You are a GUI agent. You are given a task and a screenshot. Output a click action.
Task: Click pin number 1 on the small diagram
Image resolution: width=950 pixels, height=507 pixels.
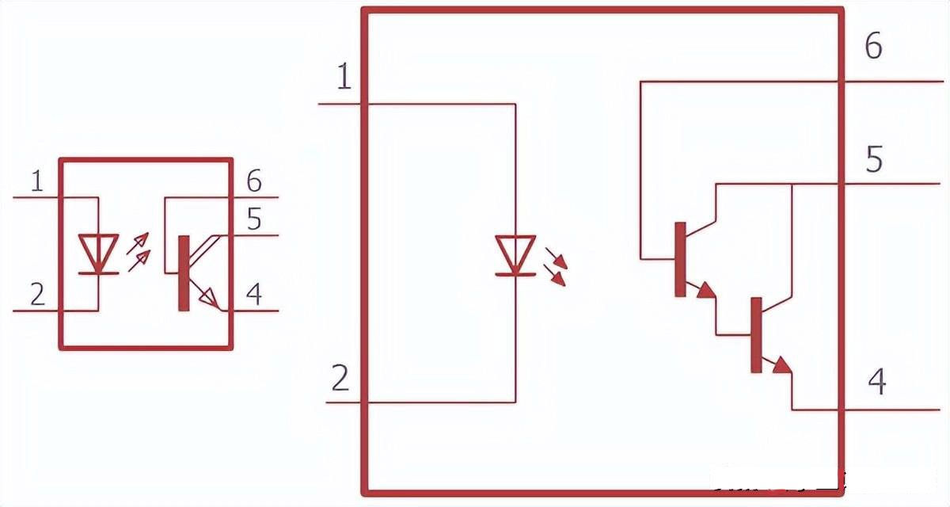37,182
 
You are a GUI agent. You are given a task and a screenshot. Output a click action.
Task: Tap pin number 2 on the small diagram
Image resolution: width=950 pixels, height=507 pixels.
37,295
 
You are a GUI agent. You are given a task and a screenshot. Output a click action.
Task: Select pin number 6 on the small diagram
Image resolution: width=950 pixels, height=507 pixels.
253,181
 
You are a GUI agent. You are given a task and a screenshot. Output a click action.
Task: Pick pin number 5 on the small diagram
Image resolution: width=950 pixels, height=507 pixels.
253,219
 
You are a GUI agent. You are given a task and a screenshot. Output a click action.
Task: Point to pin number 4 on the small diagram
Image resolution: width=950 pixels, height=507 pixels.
253,294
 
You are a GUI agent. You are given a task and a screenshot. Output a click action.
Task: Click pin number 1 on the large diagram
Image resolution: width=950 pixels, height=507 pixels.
344,78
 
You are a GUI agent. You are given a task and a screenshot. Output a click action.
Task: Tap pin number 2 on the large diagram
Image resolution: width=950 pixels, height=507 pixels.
340,379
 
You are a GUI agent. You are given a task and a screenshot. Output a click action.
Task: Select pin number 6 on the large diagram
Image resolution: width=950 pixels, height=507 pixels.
873,47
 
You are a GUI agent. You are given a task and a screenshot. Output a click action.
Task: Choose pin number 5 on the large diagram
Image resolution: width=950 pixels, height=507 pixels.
874,159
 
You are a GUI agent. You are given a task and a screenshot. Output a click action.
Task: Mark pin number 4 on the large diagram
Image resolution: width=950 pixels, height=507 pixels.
876,382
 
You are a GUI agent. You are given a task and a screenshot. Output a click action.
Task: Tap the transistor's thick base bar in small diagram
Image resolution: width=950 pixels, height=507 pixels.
184,273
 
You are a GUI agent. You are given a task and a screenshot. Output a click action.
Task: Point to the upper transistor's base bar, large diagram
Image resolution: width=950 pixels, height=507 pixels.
679,259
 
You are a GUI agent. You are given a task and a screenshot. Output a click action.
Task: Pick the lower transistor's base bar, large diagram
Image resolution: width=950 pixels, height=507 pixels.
756,334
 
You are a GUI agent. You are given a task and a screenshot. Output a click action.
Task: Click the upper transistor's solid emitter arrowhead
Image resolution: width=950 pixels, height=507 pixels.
705,290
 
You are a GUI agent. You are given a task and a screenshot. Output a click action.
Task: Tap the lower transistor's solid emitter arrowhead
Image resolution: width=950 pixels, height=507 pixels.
781,364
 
